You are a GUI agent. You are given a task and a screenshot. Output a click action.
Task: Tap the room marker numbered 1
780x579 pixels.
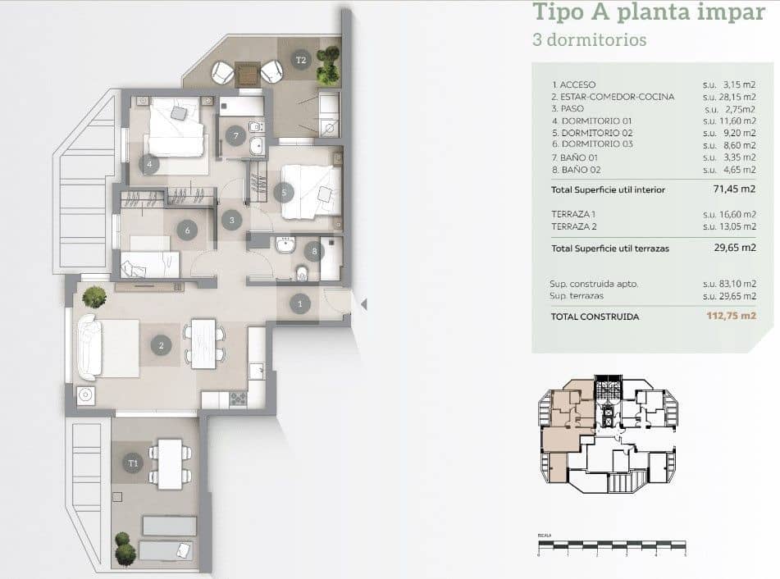pyautogui.click(x=300, y=304)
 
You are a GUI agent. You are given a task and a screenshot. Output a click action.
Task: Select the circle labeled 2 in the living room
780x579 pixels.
pyautogui.click(x=162, y=346)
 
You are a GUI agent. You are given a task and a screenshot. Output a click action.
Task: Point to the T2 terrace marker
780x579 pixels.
pyautogui.click(x=301, y=60)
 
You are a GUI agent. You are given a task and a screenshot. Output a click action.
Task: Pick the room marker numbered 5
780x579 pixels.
pyautogui.click(x=284, y=194)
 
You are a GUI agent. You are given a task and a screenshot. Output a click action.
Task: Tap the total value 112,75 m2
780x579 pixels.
pyautogui.click(x=731, y=316)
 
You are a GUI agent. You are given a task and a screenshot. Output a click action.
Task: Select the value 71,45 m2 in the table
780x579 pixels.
pyautogui.click(x=735, y=189)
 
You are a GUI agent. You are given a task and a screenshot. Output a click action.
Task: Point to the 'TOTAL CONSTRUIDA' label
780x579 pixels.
pyautogui.click(x=595, y=316)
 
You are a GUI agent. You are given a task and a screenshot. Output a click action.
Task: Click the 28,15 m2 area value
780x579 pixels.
pyautogui.click(x=729, y=97)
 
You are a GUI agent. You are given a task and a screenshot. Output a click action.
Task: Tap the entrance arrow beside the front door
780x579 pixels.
pyautogui.click(x=364, y=304)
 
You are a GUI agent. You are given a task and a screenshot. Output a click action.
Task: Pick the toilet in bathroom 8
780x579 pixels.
pyautogui.click(x=301, y=272)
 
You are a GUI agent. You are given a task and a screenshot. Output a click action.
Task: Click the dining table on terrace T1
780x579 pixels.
pyautogui.click(x=171, y=464)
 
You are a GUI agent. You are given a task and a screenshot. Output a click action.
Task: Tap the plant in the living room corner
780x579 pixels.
pyautogui.click(x=94, y=296)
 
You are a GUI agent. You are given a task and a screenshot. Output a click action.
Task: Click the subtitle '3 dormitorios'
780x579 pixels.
pyautogui.click(x=589, y=39)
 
